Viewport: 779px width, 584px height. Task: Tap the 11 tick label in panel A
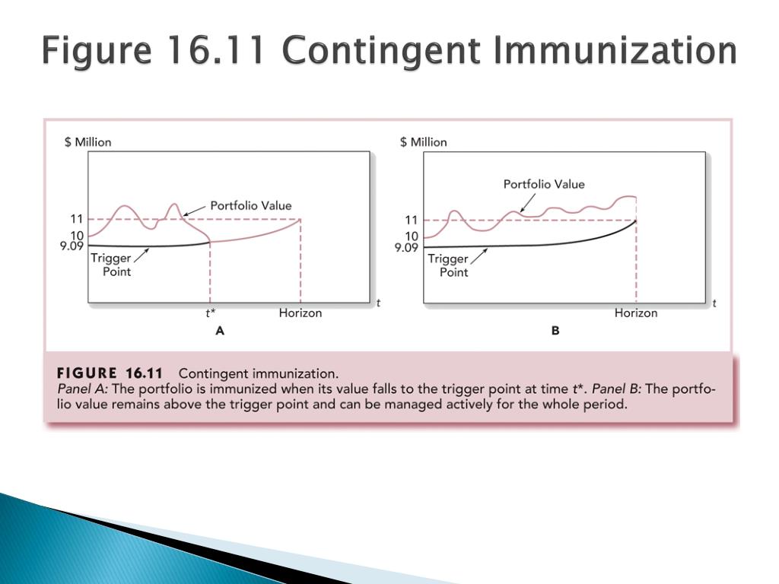pos(77,219)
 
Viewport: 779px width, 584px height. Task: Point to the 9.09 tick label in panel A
pos(72,246)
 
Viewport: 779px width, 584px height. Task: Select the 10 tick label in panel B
pos(412,236)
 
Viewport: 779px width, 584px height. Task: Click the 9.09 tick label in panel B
pos(406,247)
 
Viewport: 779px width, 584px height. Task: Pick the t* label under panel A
pos(211,313)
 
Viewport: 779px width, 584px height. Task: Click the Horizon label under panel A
pos(300,313)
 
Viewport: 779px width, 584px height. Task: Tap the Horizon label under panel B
pos(636,313)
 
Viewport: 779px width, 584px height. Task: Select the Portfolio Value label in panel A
pos(251,205)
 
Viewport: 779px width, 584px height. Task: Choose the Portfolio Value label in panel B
pos(544,184)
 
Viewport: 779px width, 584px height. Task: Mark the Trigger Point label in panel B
pos(448,265)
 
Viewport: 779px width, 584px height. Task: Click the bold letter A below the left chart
pos(220,331)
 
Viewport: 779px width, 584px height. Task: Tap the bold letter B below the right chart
pos(555,331)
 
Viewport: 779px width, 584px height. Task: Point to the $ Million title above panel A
pos(88,142)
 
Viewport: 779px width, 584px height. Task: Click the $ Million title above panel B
pos(423,142)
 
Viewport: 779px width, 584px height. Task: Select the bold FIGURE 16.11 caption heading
pos(110,373)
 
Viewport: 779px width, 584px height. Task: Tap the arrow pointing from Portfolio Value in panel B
pos(528,202)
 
